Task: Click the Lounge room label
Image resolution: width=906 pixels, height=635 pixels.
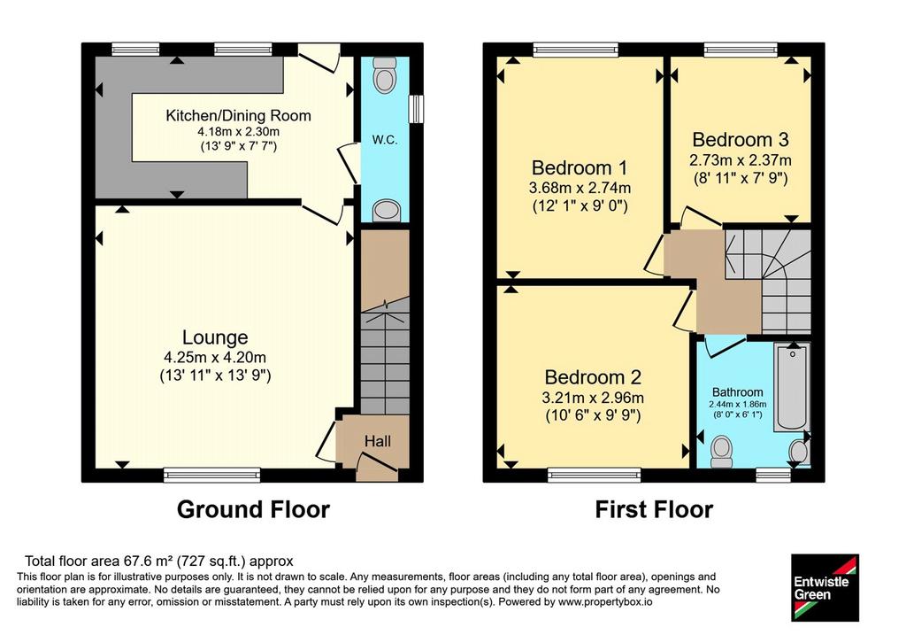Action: coord(215,337)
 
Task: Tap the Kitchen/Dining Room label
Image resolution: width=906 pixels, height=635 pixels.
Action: coord(238,116)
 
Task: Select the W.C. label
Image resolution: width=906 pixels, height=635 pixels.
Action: coord(385,139)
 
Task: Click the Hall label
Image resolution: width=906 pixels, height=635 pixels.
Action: coord(377,441)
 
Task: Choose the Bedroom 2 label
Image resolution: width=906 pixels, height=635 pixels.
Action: coord(593,377)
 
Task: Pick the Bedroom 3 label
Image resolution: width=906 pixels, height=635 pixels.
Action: coord(741,139)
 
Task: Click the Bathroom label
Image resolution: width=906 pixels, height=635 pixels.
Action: coord(737,392)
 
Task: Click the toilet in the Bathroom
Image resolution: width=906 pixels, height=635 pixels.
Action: coord(721,452)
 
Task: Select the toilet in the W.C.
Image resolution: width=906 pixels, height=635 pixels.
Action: coord(384,74)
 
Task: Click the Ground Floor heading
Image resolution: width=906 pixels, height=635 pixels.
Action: coord(253,509)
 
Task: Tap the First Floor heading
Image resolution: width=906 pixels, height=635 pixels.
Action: coord(654,509)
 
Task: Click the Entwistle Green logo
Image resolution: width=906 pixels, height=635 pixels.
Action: coord(825,587)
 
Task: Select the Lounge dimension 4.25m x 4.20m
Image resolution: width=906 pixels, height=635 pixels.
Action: coord(215,358)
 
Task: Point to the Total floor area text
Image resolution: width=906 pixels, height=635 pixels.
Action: coord(159,561)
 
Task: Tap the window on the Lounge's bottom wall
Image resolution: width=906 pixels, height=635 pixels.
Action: coord(212,476)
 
